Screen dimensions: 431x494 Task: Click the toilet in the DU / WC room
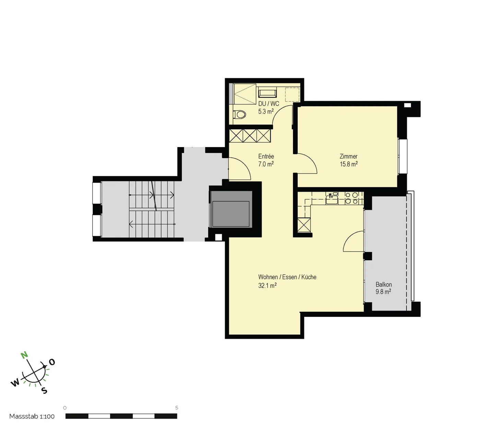(239, 114)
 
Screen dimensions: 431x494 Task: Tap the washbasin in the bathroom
(267, 93)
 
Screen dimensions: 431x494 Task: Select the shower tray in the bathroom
(245, 94)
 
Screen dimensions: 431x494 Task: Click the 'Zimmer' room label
(349, 156)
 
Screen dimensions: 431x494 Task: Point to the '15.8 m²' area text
(349, 164)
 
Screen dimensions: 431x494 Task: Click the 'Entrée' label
(266, 156)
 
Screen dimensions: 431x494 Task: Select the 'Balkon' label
(384, 285)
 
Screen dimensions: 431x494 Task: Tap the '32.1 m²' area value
(267, 285)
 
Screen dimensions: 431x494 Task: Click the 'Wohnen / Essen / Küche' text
(287, 277)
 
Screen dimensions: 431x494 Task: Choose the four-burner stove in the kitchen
(352, 198)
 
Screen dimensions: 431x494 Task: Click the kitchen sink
(332, 199)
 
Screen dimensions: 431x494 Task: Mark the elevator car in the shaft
(231, 214)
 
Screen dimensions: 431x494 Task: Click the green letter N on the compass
(24, 355)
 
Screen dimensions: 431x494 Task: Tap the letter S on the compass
(44, 391)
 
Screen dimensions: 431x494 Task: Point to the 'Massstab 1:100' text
(32, 416)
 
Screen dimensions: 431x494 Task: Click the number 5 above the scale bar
(177, 408)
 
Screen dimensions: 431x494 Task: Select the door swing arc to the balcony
(353, 241)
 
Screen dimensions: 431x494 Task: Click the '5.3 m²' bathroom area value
(266, 111)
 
